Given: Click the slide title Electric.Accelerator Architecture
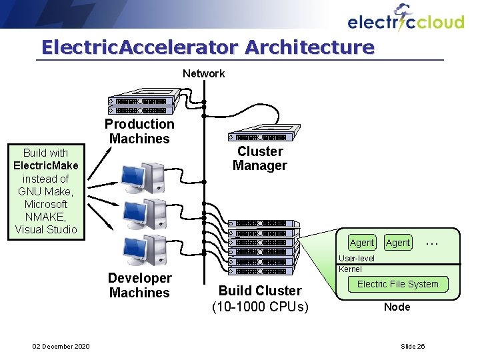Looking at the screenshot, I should pos(207,47).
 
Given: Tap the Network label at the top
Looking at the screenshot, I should pos(203,73).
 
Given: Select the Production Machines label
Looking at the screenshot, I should pos(139,131).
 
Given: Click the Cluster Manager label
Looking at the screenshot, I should pos(259,159).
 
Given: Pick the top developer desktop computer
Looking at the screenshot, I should pos(143,177).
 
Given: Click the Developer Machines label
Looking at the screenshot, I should pos(139,285).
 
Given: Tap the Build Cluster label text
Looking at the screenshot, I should pos(260,291).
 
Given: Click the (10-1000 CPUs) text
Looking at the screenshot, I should pos(260,307).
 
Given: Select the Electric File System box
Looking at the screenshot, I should pos(397,284).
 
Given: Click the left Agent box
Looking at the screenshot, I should pos(362,243).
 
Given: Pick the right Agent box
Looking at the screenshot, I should pos(398,243).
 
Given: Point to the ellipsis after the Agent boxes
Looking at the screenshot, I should pos(431,242).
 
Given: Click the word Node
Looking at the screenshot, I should pos(397,307).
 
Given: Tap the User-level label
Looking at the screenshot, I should pos(357,259).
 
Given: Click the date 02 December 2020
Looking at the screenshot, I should pos(61,345).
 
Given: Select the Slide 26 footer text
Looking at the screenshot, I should pos(413,345).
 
